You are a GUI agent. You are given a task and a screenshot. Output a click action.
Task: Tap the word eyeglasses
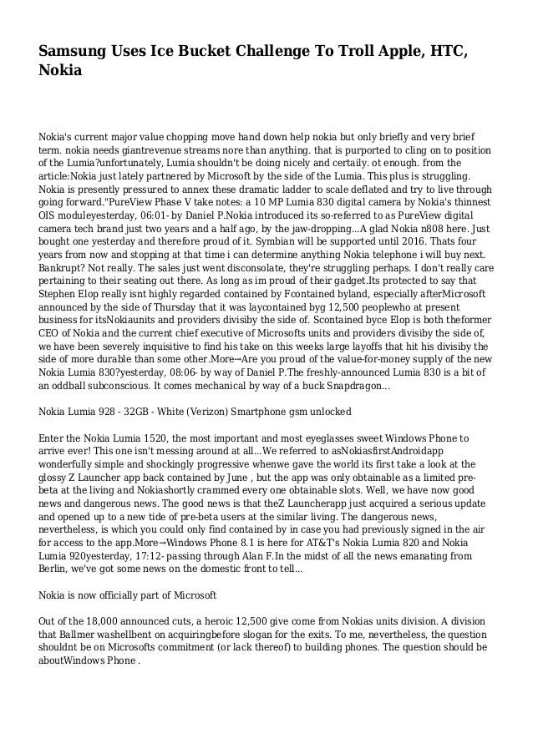tap(332, 438)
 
